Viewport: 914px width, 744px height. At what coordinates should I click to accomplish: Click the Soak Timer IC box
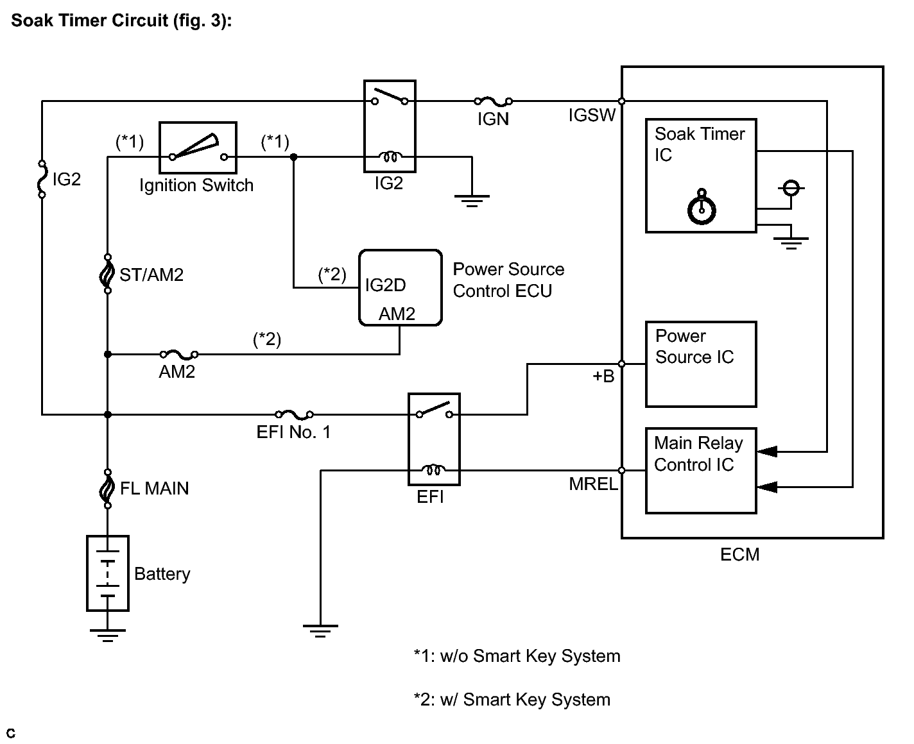(701, 175)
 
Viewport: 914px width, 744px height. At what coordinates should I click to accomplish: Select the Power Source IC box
(701, 364)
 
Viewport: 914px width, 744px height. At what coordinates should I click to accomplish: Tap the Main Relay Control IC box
(701, 471)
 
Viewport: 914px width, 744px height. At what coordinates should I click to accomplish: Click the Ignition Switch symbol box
(198, 148)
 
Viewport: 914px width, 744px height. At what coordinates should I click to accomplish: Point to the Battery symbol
(108, 573)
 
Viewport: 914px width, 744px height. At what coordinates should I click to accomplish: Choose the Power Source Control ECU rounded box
(400, 287)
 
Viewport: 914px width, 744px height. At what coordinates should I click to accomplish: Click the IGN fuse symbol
(493, 101)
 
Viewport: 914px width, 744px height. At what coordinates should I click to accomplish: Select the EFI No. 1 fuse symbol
(294, 415)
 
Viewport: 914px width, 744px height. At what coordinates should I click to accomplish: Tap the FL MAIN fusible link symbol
(107, 489)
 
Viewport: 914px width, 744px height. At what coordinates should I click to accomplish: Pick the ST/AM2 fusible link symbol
(107, 275)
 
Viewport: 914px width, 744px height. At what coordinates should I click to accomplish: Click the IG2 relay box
(390, 126)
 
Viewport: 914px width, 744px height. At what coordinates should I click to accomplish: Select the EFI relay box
(434, 439)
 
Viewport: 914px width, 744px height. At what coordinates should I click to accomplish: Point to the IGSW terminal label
(592, 115)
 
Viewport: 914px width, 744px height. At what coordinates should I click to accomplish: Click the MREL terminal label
(592, 484)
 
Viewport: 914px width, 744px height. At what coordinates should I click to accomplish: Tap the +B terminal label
(603, 376)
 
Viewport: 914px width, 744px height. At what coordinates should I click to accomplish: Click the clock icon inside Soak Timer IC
(702, 208)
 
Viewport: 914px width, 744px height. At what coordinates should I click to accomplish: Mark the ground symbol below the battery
(108, 635)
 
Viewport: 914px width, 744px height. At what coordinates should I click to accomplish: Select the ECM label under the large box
(739, 554)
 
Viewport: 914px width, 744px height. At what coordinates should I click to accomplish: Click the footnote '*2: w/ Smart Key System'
(512, 700)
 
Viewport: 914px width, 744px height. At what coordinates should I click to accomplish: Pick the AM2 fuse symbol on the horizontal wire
(178, 354)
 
